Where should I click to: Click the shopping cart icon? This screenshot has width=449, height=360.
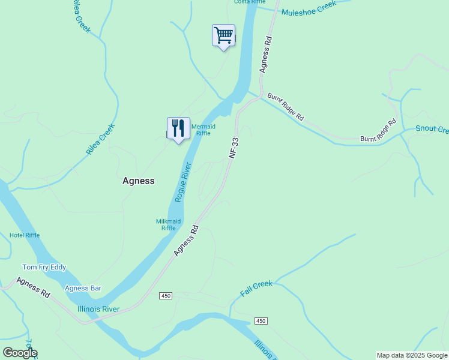(x=223, y=35)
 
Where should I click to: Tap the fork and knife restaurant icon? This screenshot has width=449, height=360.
(x=178, y=128)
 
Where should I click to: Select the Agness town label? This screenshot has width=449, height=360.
(x=139, y=181)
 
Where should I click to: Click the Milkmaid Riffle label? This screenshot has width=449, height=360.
(x=168, y=224)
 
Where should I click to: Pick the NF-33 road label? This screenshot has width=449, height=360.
(x=234, y=148)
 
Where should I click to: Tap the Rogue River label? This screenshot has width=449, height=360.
(x=183, y=181)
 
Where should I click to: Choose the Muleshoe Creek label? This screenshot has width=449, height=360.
(x=309, y=9)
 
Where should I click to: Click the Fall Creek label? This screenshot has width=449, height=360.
(x=256, y=288)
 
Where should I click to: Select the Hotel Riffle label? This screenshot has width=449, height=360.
(x=25, y=235)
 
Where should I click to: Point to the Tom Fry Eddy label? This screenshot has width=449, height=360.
(x=44, y=267)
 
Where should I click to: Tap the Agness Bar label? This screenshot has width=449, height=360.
(x=83, y=288)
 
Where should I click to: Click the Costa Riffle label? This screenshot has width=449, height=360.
(x=249, y=2)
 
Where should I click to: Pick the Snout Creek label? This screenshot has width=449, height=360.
(x=432, y=130)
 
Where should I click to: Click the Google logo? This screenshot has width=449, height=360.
(x=20, y=353)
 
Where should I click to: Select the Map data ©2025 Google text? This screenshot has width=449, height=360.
(x=412, y=355)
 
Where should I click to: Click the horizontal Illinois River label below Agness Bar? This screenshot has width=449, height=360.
(x=98, y=309)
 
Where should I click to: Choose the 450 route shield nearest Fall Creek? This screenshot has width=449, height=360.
(x=260, y=321)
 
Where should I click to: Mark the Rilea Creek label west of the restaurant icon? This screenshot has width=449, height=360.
(x=100, y=140)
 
